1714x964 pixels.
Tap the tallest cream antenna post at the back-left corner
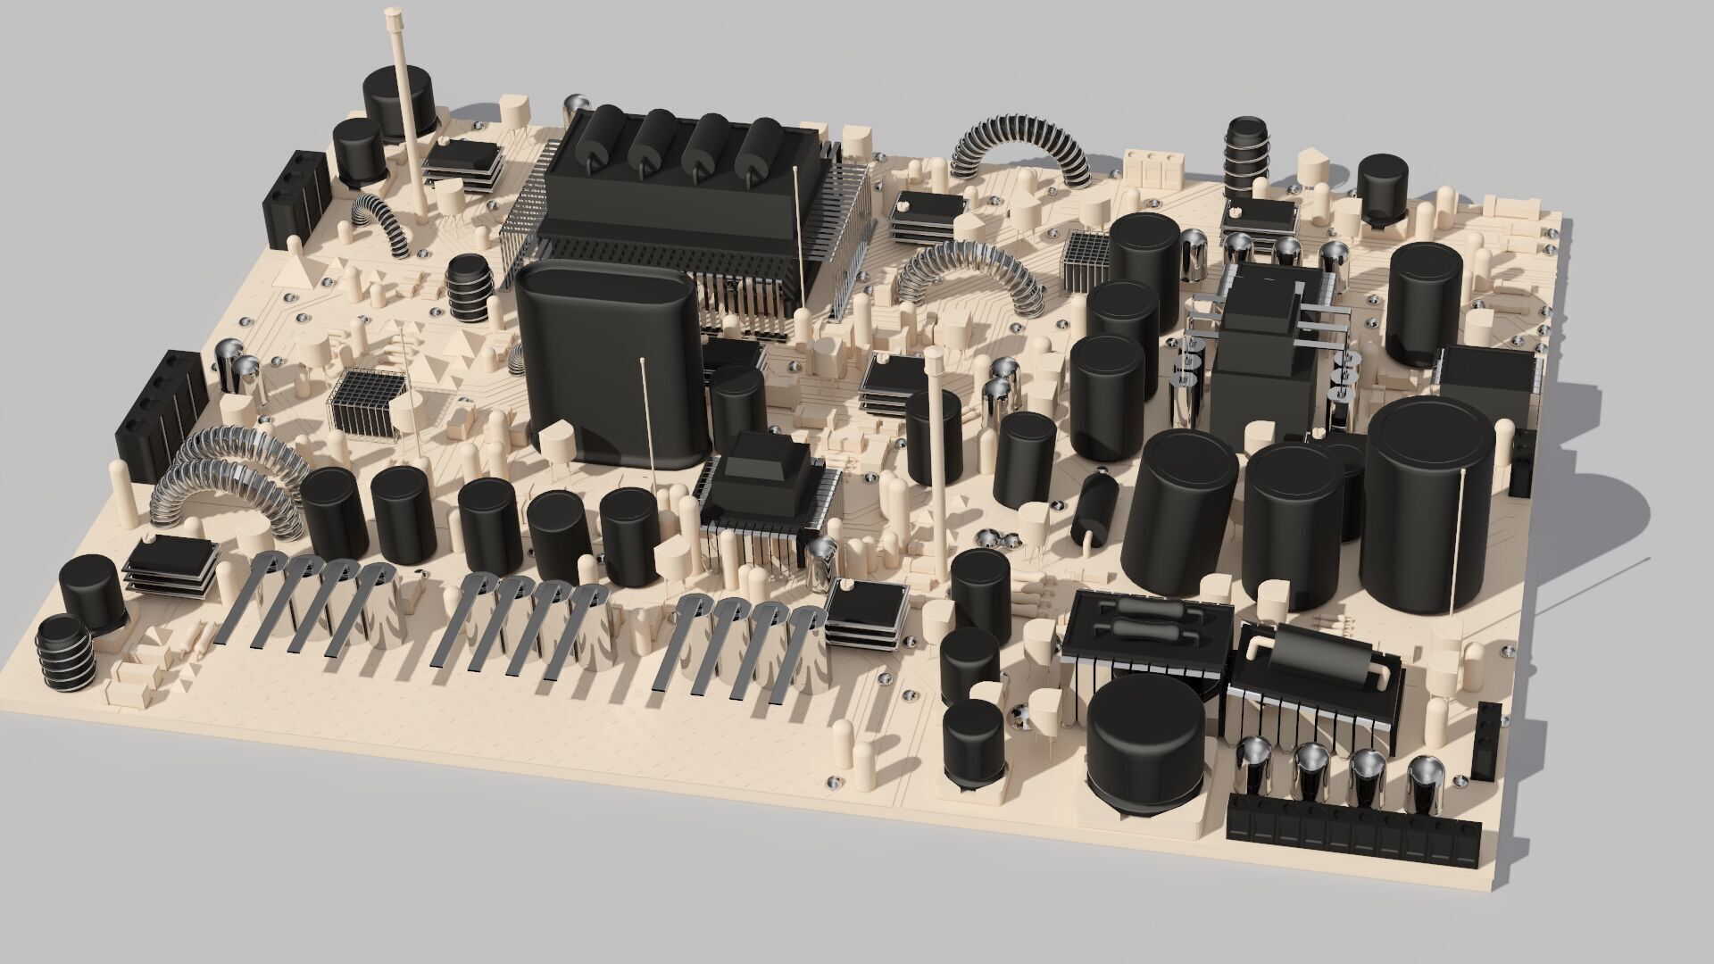pos(402,107)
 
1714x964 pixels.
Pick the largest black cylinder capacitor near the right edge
pos(1428,509)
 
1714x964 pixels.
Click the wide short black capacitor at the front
pos(1145,741)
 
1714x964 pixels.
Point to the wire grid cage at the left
pos(364,403)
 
